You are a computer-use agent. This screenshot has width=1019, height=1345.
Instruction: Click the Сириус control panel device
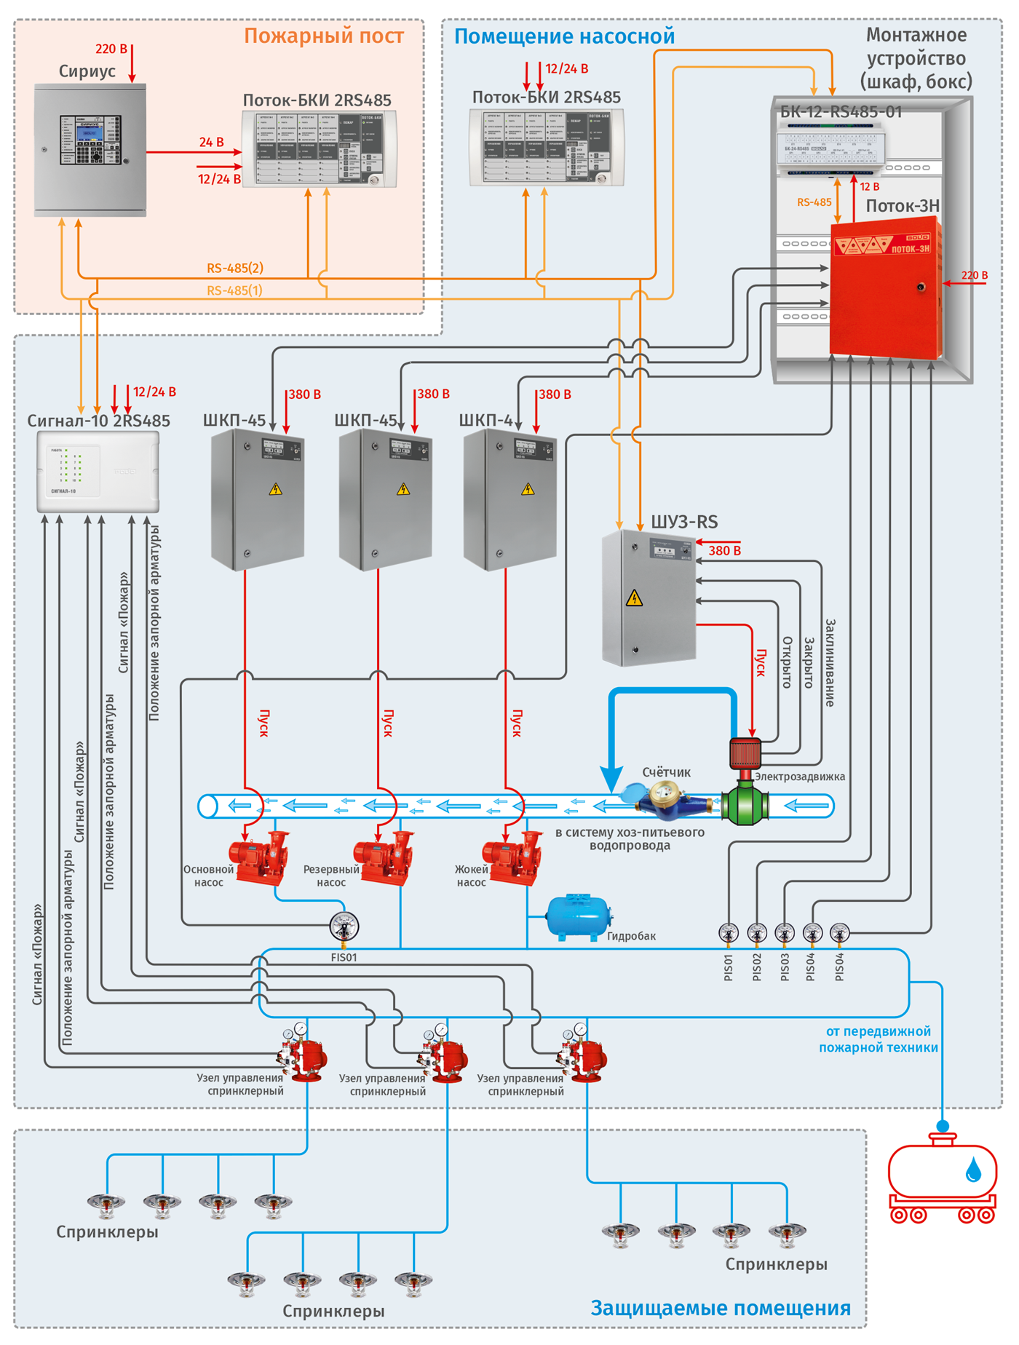(90, 149)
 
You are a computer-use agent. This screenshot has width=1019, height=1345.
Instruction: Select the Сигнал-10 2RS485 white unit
(98, 472)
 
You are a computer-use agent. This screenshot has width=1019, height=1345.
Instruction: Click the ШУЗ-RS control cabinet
(649, 598)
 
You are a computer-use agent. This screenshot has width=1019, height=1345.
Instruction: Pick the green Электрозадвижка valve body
(745, 805)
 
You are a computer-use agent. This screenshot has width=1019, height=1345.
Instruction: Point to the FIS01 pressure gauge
(344, 927)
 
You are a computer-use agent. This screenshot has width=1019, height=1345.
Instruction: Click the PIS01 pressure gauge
(729, 932)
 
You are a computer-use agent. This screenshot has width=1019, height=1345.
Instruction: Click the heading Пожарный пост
(323, 36)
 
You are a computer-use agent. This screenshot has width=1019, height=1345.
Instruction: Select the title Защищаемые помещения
(720, 1308)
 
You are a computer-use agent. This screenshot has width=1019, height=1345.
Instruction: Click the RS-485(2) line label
(234, 268)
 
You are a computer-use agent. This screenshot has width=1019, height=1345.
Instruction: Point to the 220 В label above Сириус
(111, 49)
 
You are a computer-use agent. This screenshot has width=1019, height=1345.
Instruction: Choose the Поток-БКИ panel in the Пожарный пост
(319, 149)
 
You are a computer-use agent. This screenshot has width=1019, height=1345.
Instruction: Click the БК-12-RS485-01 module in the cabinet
(831, 148)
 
